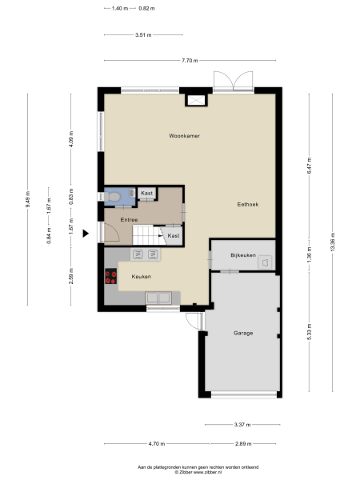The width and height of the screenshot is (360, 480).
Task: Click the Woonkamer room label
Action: (184, 136)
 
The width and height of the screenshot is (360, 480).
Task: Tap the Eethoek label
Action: (248, 204)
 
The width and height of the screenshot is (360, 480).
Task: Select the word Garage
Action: (243, 332)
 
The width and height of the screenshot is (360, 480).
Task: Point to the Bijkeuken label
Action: (242, 256)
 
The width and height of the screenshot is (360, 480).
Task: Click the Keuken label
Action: (142, 277)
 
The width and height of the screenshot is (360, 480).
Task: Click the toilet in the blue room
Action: (114, 195)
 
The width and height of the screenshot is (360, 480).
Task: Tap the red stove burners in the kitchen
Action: (111, 277)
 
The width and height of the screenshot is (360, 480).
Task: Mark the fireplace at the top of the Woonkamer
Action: (196, 100)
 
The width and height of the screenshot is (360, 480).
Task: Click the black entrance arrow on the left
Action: (86, 234)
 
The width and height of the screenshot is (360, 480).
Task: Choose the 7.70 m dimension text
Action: (189, 61)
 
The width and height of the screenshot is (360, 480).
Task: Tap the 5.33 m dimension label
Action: (310, 334)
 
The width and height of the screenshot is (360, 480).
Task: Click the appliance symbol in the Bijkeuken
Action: (265, 260)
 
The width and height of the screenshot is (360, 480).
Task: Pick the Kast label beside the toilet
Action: (147, 194)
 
